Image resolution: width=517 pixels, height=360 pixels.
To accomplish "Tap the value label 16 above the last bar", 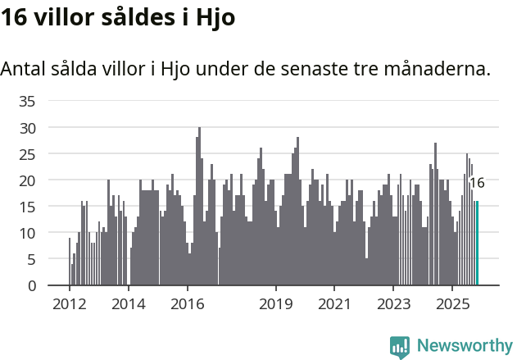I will pos(476,183).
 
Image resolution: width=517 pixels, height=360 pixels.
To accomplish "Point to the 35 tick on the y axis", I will pos(28,102).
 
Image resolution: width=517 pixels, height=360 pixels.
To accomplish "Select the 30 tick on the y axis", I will pos(28,128).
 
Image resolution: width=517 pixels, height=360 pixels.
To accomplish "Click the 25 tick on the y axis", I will pos(28,154).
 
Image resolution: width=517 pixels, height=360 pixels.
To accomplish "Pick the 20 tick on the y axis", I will pos(28,180).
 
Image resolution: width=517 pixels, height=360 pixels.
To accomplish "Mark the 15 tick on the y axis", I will pos(28,207).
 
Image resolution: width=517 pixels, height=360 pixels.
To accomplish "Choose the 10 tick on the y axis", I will pos(28,233).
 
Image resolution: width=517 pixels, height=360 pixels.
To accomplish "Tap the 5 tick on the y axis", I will pos(32,259).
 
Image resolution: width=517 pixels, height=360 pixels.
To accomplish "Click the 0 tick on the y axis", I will pos(32,285).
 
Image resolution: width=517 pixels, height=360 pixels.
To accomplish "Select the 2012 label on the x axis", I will pos(69,304).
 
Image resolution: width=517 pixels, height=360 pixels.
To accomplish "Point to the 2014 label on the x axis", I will pos(128,304).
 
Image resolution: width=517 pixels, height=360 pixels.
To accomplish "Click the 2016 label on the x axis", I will pos(187,304).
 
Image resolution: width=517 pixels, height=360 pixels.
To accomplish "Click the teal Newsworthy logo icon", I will pos(400,347).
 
